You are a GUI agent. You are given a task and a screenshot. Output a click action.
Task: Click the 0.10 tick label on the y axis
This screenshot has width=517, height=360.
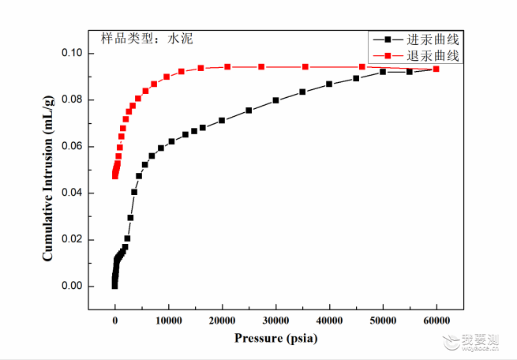(x=72, y=53)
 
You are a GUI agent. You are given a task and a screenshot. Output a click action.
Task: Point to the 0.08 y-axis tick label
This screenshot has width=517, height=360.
(x=72, y=99)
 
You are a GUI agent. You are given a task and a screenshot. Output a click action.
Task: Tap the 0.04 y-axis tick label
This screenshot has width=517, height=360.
(x=72, y=192)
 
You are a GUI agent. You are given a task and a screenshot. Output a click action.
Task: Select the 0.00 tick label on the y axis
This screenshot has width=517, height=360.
(x=72, y=286)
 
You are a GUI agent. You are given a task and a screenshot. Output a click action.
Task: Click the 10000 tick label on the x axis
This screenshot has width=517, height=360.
(x=168, y=321)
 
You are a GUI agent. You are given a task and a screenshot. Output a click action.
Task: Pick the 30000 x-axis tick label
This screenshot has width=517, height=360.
(x=275, y=321)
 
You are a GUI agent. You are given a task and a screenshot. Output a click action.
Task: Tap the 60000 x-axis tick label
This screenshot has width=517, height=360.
(x=436, y=321)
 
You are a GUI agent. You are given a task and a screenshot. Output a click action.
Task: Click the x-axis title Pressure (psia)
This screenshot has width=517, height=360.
(x=276, y=338)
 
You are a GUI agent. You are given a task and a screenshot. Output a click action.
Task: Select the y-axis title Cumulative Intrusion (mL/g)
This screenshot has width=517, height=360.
(x=48, y=178)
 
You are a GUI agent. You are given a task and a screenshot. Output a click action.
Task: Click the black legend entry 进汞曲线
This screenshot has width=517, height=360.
(x=416, y=39)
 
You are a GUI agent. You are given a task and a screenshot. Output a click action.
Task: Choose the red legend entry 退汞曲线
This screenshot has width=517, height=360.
(x=416, y=55)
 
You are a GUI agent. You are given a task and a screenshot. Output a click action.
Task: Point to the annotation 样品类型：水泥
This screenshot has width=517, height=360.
(x=147, y=39)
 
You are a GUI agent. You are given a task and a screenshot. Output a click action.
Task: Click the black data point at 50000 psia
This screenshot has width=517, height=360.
(x=383, y=72)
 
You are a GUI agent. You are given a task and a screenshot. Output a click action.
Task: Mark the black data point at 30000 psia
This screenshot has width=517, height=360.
(x=275, y=100)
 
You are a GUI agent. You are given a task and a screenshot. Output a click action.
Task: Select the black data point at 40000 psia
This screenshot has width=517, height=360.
(x=329, y=84)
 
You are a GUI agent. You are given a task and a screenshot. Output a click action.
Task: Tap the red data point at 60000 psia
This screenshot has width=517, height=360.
(x=436, y=69)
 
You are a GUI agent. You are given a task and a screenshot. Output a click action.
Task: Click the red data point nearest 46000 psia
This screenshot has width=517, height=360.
(x=362, y=67)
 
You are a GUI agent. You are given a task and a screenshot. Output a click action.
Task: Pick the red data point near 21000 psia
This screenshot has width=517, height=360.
(x=227, y=67)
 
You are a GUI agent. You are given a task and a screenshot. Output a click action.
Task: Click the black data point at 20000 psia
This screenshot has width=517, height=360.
(x=222, y=120)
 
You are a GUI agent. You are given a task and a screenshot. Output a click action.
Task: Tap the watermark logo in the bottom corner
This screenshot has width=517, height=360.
(x=471, y=342)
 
